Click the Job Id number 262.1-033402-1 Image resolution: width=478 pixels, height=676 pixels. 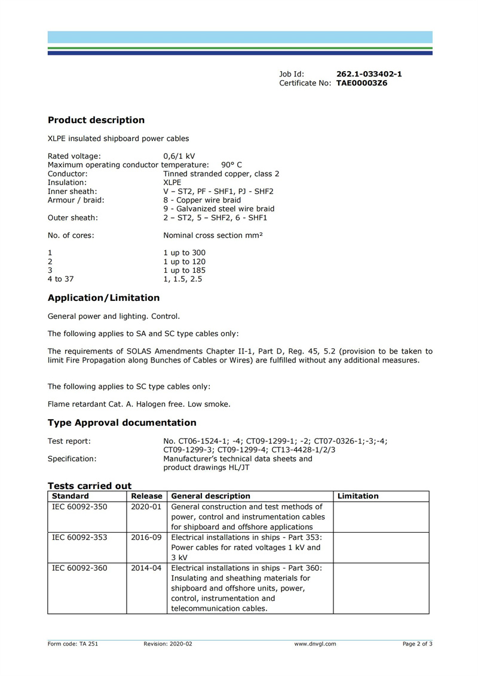(x=369, y=74)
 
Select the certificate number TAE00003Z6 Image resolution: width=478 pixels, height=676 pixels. (x=361, y=84)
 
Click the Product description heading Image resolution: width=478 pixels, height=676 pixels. (x=96, y=120)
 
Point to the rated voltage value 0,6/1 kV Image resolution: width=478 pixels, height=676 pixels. (x=179, y=156)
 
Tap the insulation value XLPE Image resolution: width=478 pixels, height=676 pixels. (x=172, y=183)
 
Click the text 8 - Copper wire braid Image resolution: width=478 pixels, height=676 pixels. (x=202, y=200)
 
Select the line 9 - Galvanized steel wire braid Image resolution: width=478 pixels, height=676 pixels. (x=219, y=209)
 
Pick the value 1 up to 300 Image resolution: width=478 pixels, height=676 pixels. (x=184, y=253)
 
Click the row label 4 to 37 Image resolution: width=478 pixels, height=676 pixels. (x=61, y=278)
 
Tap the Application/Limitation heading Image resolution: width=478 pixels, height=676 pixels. (x=103, y=297)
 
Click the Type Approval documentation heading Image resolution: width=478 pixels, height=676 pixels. (x=122, y=423)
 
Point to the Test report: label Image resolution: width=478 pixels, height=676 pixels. (x=69, y=441)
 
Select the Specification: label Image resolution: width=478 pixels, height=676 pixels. (x=72, y=459)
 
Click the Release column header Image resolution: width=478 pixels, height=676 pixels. (x=146, y=496)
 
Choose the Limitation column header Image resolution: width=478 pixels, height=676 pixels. (x=358, y=496)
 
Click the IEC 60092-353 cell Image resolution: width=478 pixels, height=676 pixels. (x=79, y=537)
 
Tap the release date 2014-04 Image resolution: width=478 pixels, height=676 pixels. (x=146, y=568)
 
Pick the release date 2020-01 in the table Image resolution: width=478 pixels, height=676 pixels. (x=146, y=506)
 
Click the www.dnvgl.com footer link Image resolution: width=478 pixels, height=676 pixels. (x=315, y=644)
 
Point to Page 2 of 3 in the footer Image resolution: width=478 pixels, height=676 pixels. (x=417, y=644)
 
